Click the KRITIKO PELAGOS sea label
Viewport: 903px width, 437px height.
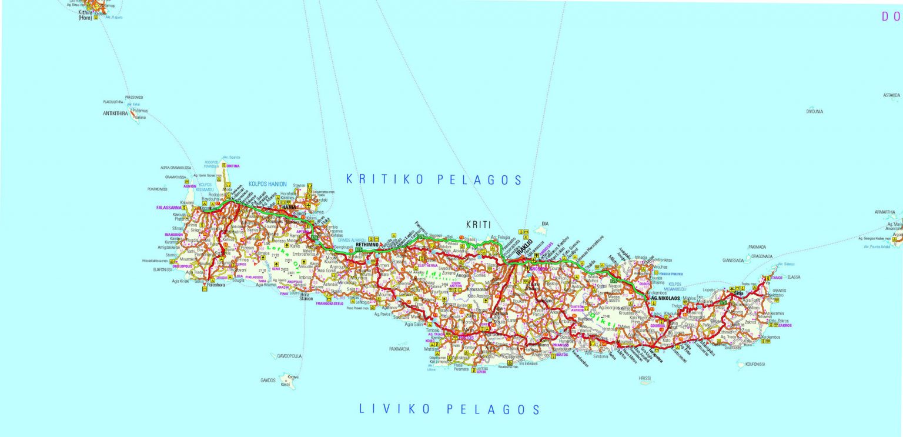coord(434,179)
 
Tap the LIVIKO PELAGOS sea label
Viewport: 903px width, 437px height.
coord(450,409)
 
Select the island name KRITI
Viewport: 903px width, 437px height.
coord(478,224)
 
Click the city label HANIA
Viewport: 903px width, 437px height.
coord(289,208)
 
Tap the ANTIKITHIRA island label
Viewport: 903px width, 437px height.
coord(115,114)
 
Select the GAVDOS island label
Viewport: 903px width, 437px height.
coord(267,381)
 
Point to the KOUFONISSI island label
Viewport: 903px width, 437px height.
coord(755,364)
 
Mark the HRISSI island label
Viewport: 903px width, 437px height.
coord(645,379)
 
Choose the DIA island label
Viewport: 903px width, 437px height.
coord(544,224)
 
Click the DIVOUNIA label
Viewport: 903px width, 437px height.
coord(814,111)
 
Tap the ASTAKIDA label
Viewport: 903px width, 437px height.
coord(891,95)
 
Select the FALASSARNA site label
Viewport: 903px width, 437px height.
coord(168,208)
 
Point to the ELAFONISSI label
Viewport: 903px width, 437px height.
coord(162,270)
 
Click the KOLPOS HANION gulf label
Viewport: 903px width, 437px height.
coord(267,184)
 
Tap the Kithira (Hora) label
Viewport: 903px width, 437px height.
coord(85,15)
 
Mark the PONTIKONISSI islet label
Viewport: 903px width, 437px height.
coord(158,189)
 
